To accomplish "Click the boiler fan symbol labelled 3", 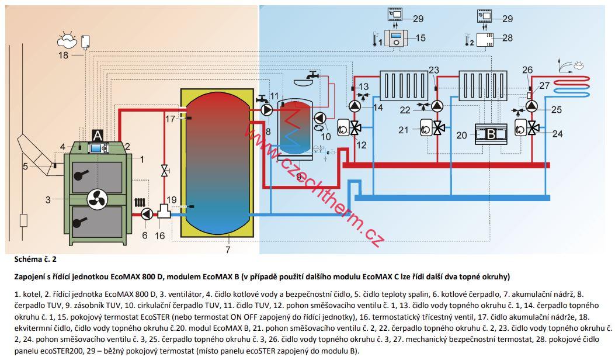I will click(97, 199).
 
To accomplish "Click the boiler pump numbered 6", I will click(146, 214).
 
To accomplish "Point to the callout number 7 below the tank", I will click(228, 250).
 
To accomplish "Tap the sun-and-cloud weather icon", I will click(67, 40).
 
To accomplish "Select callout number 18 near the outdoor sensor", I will click(63, 55).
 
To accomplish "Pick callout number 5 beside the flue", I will click(25, 167).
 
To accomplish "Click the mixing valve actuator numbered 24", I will click(520, 128).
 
